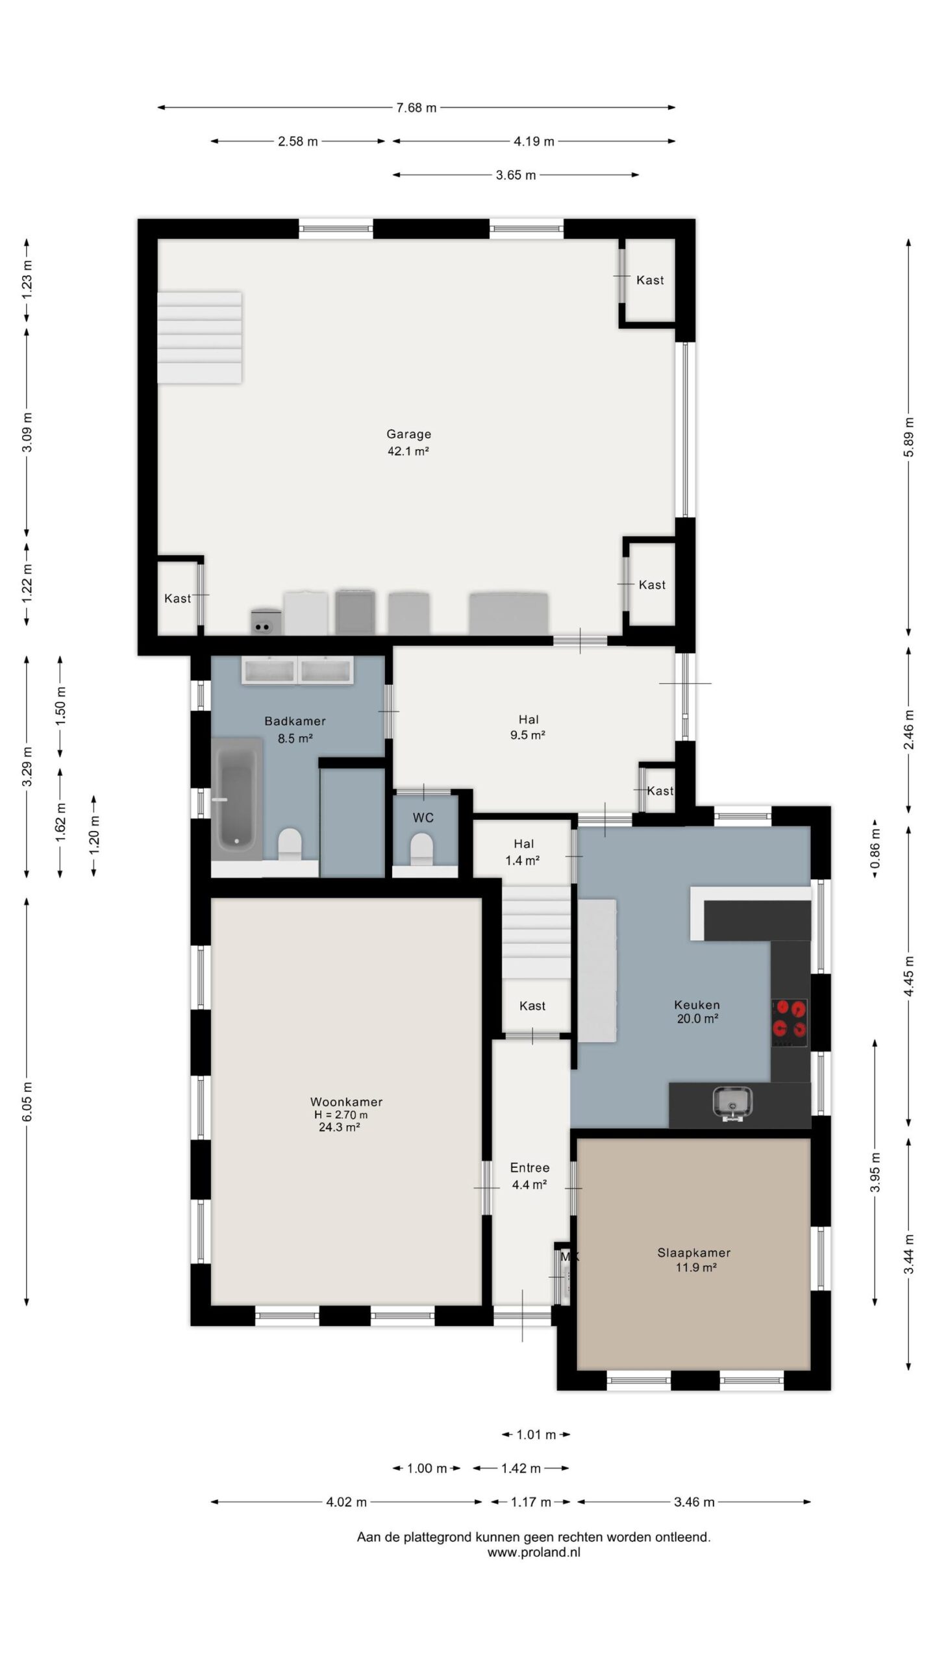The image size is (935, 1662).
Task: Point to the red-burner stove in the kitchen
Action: click(790, 1023)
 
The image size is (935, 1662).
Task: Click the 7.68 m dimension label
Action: click(416, 108)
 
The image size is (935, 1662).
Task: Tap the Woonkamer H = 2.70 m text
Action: click(341, 1115)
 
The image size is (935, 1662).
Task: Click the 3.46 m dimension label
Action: click(694, 1502)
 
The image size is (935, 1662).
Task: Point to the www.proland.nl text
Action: click(534, 1552)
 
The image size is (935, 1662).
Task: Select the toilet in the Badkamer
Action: click(290, 844)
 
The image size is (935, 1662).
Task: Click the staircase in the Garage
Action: click(200, 337)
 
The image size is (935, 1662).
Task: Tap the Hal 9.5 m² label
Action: click(528, 727)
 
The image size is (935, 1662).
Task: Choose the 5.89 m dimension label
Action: click(908, 436)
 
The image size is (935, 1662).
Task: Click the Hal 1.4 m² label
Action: click(523, 852)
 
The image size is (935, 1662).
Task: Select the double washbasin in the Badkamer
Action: click(298, 670)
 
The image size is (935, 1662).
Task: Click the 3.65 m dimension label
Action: click(516, 175)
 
